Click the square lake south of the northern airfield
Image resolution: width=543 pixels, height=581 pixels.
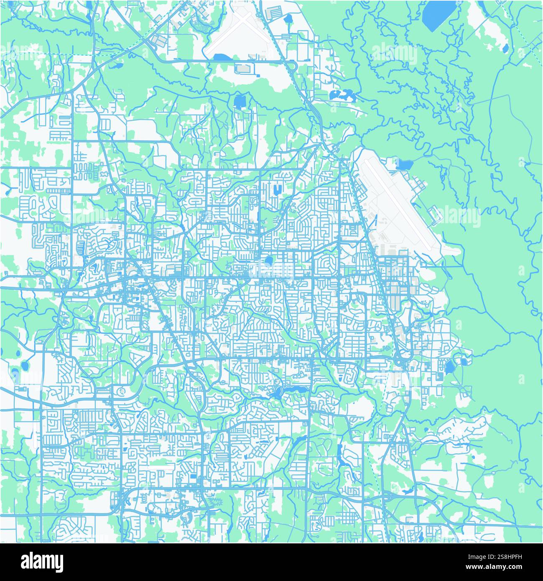pos(240,101)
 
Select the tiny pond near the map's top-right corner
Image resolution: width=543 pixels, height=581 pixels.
pos(505,48)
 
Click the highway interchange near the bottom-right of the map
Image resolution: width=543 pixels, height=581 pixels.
pos(387,497)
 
